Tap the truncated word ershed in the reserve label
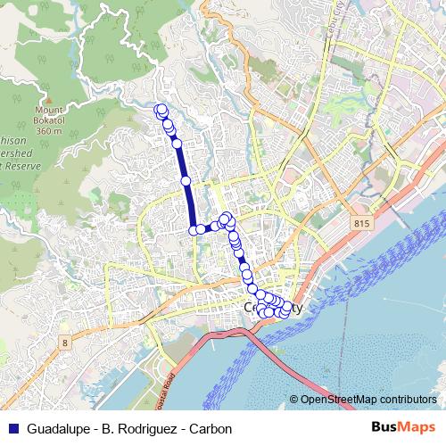[x=19, y=153]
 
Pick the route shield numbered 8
[x=65, y=342]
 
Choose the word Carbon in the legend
[x=211, y=429]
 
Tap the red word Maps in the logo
[x=417, y=428]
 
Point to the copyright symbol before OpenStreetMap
[x=294, y=400]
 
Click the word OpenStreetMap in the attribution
[x=337, y=400]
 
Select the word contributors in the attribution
[x=407, y=400]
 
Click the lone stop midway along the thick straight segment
[x=186, y=181]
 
